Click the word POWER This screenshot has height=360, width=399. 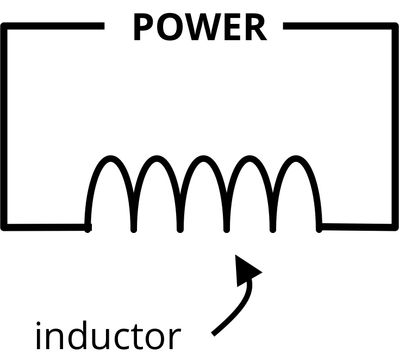[199, 28]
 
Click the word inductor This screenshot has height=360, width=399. [107, 336]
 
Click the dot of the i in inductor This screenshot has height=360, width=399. [40, 326]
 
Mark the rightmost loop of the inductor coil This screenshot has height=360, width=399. [296, 161]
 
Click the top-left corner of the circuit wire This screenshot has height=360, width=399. [5, 27]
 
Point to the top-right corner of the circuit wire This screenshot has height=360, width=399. [395, 27]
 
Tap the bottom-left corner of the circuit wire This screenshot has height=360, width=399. [5, 226]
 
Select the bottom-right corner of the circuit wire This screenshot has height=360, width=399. [395, 226]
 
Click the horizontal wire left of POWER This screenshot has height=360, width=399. [54, 26]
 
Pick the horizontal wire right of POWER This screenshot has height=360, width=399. [340, 26]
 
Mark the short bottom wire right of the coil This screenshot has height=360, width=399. [356, 226]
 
